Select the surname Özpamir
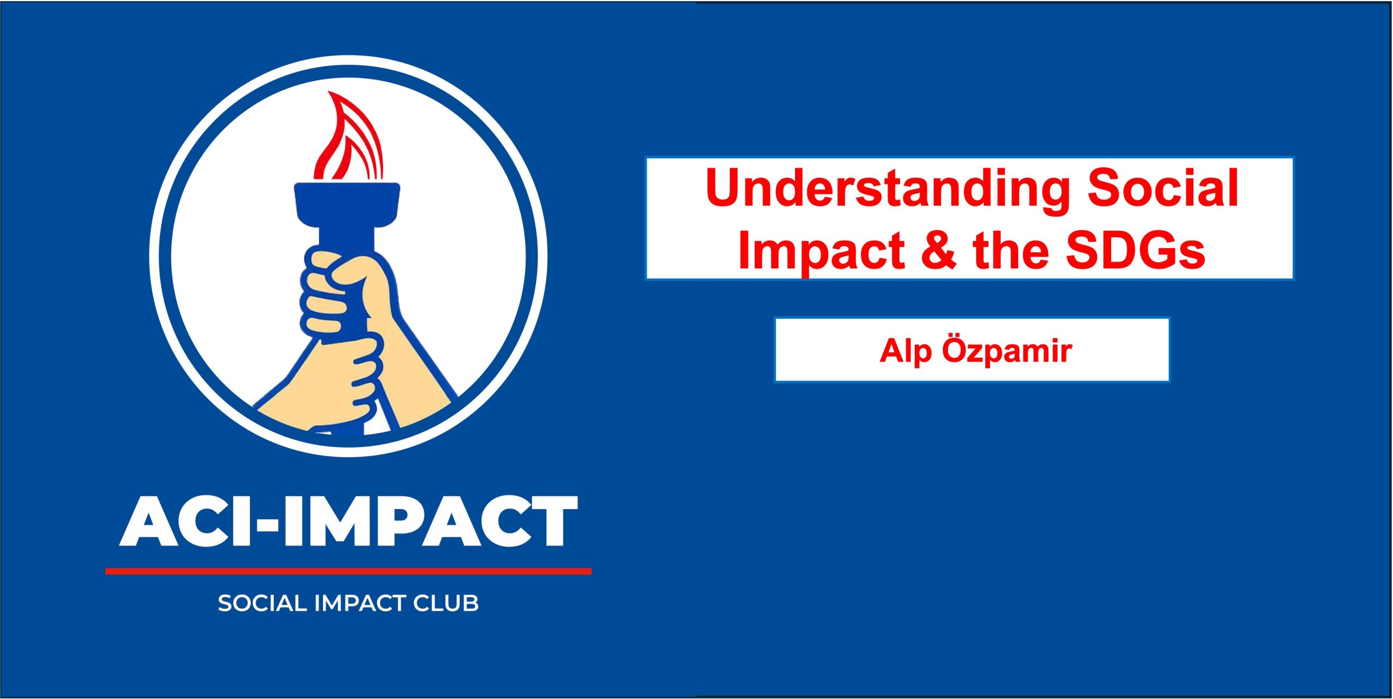pos(1007,351)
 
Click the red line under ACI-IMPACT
pos(348,571)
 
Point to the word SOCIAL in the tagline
pos(262,603)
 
